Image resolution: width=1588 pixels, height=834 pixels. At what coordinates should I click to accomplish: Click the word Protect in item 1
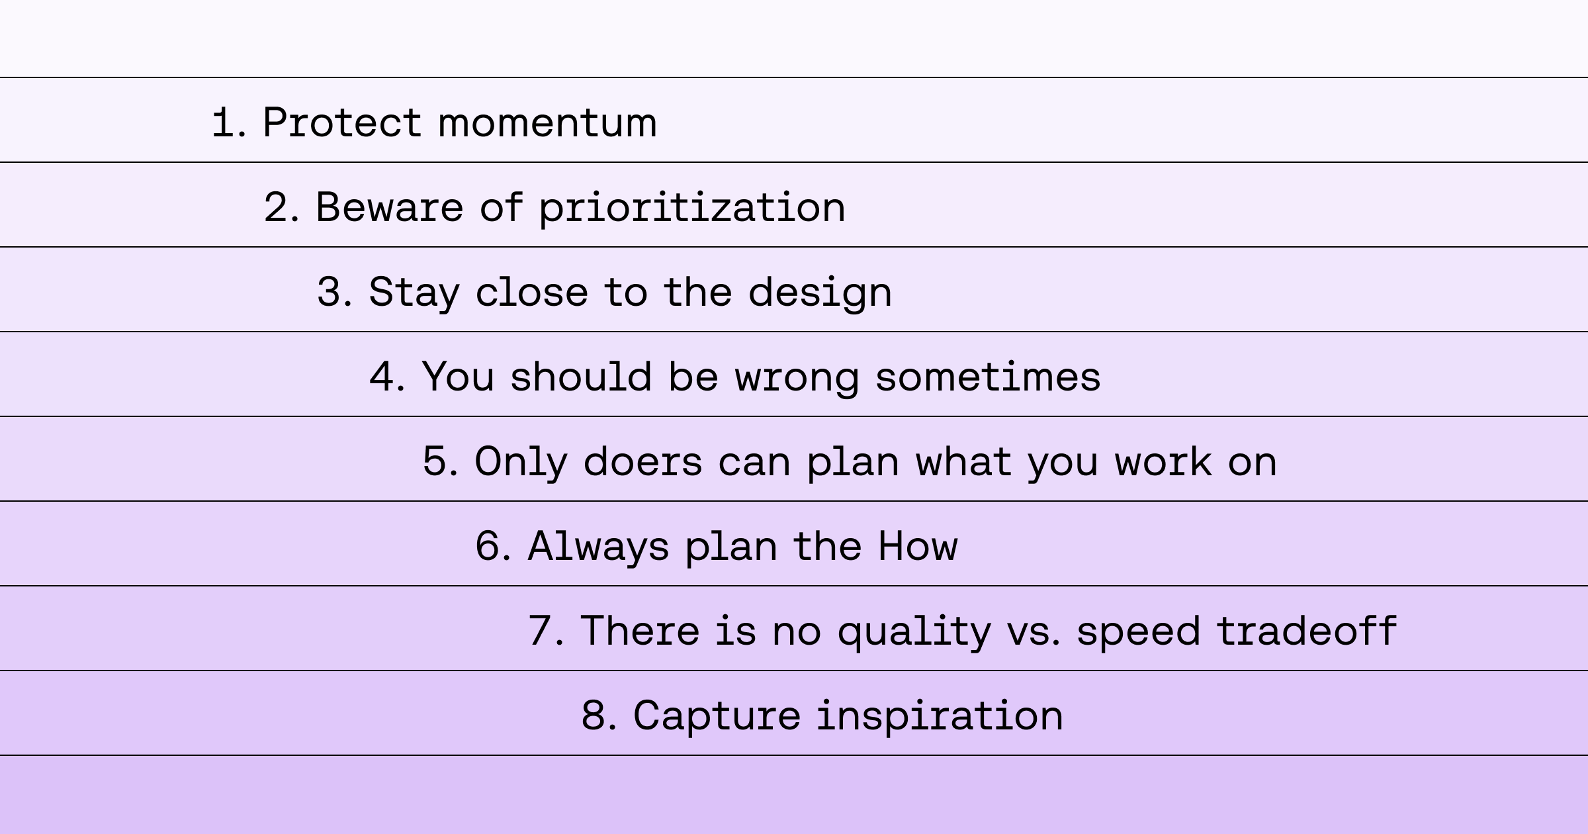342,122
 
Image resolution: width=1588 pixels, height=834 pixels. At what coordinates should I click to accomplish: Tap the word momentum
548,124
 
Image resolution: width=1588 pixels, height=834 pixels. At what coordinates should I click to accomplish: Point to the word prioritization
692,208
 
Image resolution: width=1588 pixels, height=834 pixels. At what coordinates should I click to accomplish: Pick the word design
820,293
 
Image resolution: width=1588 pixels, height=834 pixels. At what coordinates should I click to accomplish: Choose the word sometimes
989,377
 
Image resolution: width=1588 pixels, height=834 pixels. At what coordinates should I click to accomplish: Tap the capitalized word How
918,546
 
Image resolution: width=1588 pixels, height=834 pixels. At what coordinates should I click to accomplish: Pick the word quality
914,632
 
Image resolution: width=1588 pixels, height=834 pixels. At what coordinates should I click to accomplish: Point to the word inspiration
940,717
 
